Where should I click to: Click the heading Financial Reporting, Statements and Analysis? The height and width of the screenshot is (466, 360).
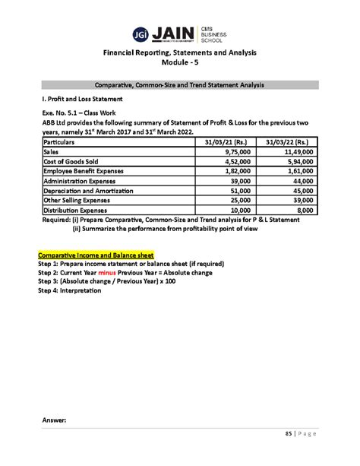click(180, 52)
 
